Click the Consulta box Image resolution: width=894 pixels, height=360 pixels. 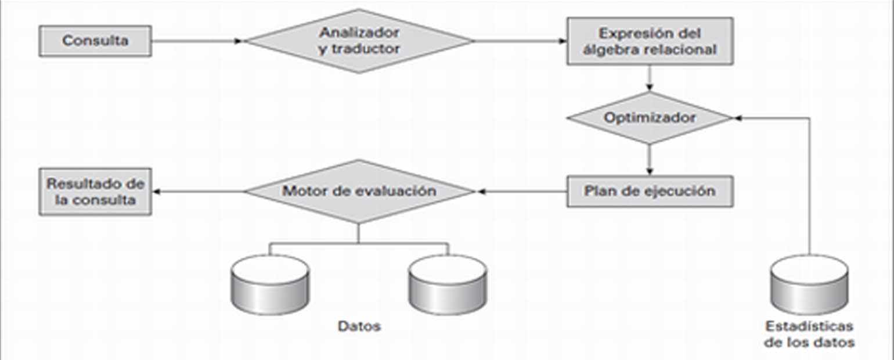pyautogui.click(x=95, y=41)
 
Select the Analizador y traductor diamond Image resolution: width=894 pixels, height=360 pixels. pyautogui.click(x=359, y=41)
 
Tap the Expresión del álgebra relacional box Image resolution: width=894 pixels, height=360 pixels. pyautogui.click(x=650, y=41)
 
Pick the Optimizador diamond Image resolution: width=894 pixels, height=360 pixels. pyautogui.click(x=649, y=118)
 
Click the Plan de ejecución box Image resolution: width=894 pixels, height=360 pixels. pyautogui.click(x=650, y=191)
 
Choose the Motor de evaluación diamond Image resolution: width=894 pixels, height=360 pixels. pyautogui.click(x=359, y=191)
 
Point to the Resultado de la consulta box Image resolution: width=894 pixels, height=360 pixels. pyautogui.click(x=95, y=191)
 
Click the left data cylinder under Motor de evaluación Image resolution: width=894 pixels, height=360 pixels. pyautogui.click(x=269, y=285)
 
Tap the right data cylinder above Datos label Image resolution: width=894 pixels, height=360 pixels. pyautogui.click(x=447, y=285)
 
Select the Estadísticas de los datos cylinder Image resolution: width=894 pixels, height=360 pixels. pyautogui.click(x=809, y=285)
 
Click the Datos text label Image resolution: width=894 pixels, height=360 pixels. pyautogui.click(x=359, y=326)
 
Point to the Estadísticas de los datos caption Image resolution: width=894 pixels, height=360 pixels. pyautogui.click(x=809, y=333)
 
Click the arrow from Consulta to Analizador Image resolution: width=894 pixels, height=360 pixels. pyautogui.click(x=197, y=41)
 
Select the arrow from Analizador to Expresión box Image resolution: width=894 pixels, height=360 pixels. pyautogui.click(x=520, y=41)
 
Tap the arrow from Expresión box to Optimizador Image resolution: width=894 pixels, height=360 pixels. pyautogui.click(x=649, y=78)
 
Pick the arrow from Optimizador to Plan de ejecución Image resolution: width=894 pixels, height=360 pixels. pyautogui.click(x=649, y=159)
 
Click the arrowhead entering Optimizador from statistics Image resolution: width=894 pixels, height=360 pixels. pyautogui.click(x=738, y=118)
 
